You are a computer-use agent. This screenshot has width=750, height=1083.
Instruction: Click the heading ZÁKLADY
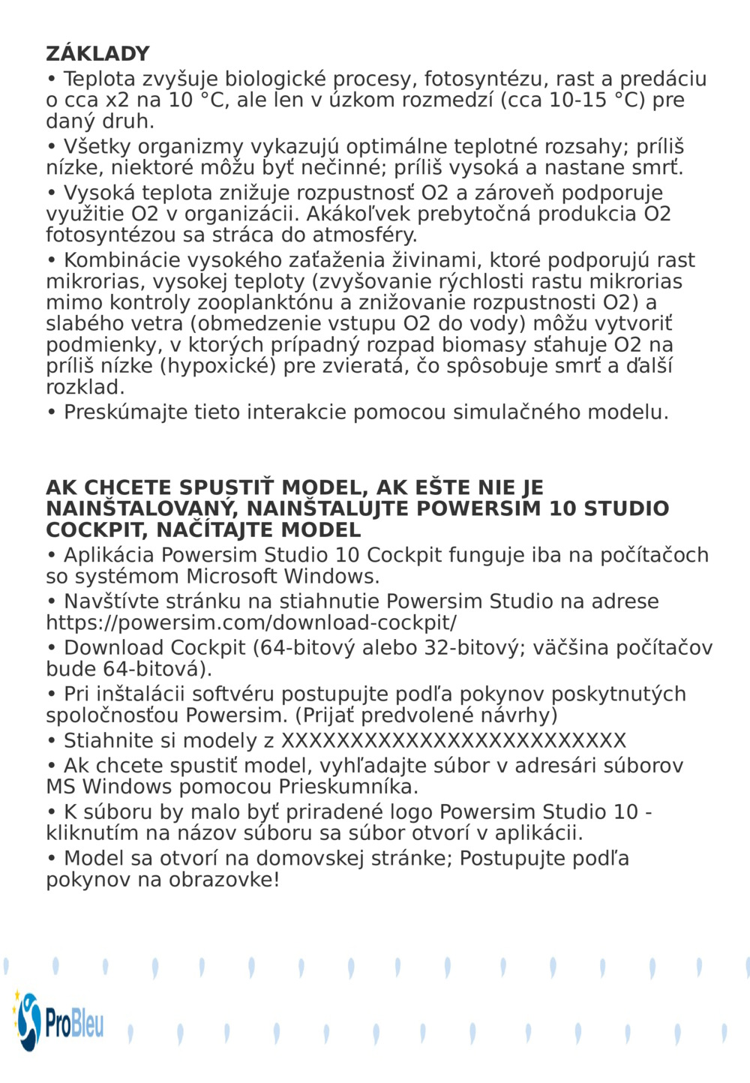coord(97,54)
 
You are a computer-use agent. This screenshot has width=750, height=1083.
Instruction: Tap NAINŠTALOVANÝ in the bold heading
coord(142,508)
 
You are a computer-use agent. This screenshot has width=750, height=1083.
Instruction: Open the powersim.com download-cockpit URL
coord(251,622)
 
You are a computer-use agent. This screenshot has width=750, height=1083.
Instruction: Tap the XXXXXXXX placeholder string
coord(453,740)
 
